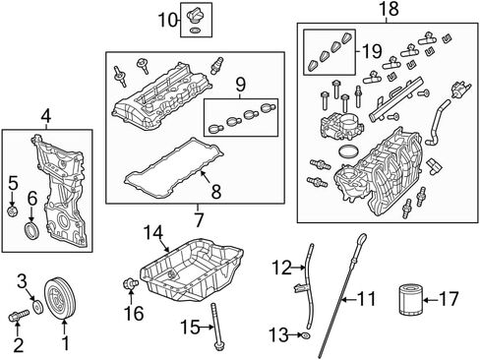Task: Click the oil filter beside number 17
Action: (x=410, y=300)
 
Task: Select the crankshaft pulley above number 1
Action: (x=60, y=298)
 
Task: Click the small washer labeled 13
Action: (x=306, y=335)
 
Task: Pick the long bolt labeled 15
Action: (x=216, y=327)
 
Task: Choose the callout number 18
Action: (x=389, y=9)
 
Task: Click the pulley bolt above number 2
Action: (x=19, y=316)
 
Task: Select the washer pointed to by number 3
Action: (x=38, y=307)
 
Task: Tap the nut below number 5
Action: (x=12, y=211)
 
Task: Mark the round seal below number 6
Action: (x=32, y=230)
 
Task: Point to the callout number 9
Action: (x=240, y=85)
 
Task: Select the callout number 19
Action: (x=372, y=51)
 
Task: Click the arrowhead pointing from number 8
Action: (x=203, y=174)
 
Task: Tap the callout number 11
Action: (x=366, y=299)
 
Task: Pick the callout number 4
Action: (x=46, y=116)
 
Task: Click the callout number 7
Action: (x=199, y=220)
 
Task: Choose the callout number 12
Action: (x=281, y=268)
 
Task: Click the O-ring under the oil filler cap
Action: (x=195, y=30)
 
